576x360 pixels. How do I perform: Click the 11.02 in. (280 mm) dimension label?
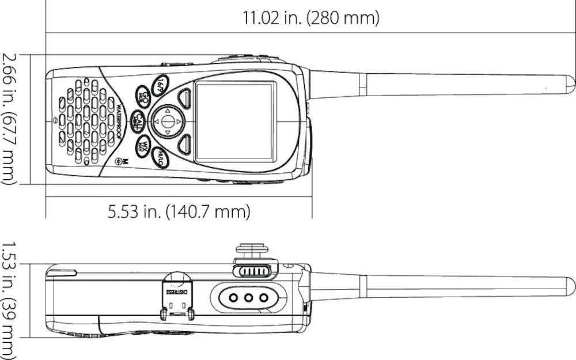pyautogui.click(x=311, y=18)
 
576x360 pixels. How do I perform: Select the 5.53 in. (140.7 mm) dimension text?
pyautogui.click(x=179, y=212)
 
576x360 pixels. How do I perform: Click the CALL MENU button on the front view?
pyautogui.click(x=137, y=120)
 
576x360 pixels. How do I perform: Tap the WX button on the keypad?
pyautogui.click(x=144, y=146)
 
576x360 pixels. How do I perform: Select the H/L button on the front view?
pyautogui.click(x=161, y=157)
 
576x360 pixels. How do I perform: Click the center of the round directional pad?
pyautogui.click(x=167, y=121)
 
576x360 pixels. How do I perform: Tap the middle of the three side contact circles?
pyautogui.click(x=249, y=298)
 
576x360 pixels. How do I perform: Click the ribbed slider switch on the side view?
pyautogui.click(x=252, y=271)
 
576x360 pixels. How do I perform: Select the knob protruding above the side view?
pyautogui.click(x=252, y=249)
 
